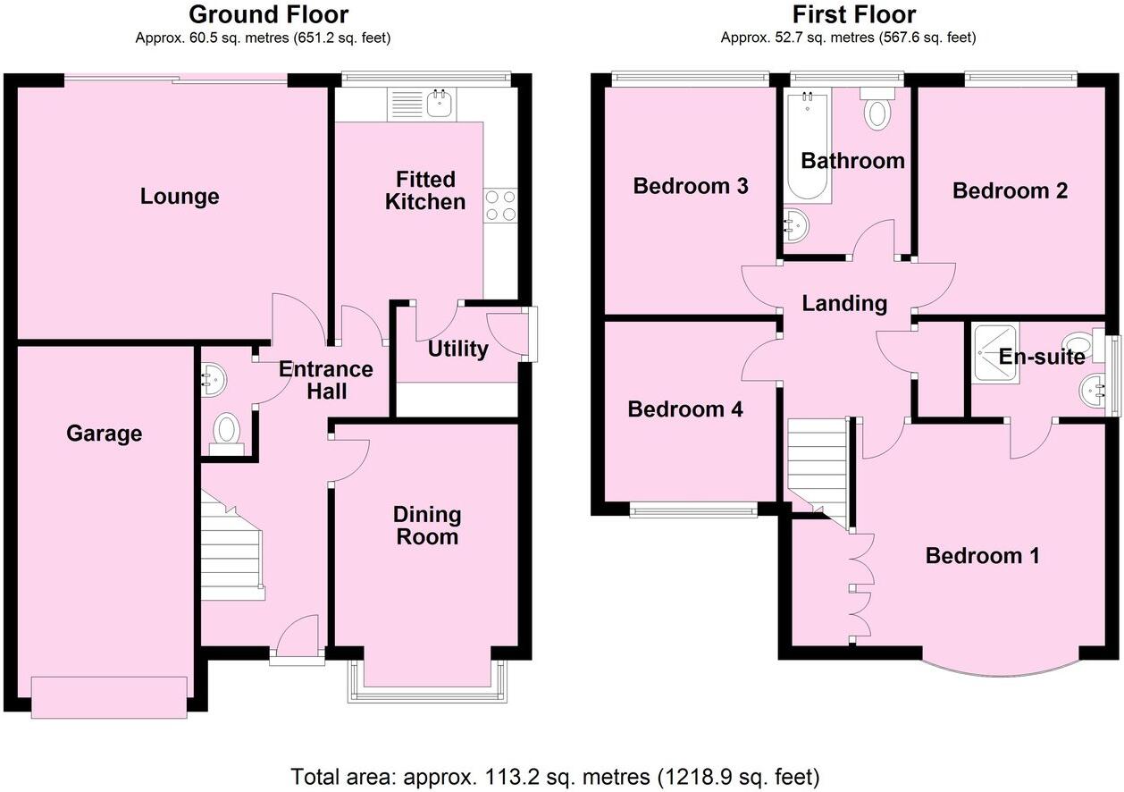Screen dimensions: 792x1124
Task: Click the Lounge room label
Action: pyautogui.click(x=180, y=196)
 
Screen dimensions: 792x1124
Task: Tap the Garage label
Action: pyautogui.click(x=104, y=434)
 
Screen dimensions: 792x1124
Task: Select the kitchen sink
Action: pyautogui.click(x=438, y=104)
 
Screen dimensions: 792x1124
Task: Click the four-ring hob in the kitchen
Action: pyautogui.click(x=500, y=206)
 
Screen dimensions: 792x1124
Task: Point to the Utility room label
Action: pyautogui.click(x=457, y=349)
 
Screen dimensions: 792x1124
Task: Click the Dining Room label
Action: pyautogui.click(x=427, y=525)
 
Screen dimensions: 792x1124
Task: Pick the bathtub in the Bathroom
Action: pyautogui.click(x=807, y=147)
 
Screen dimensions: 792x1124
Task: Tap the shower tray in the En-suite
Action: pyautogui.click(x=995, y=353)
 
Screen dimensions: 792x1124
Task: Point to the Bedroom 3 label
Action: pyautogui.click(x=690, y=186)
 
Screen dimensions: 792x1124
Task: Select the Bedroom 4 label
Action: pyautogui.click(x=685, y=409)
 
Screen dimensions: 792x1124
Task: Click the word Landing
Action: pyautogui.click(x=844, y=303)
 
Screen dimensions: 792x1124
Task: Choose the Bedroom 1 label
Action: pyautogui.click(x=982, y=556)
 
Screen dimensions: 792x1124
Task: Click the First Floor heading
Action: pyautogui.click(x=853, y=14)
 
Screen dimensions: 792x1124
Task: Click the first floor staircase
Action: pyautogui.click(x=817, y=465)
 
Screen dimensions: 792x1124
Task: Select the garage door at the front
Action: pyautogui.click(x=110, y=696)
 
